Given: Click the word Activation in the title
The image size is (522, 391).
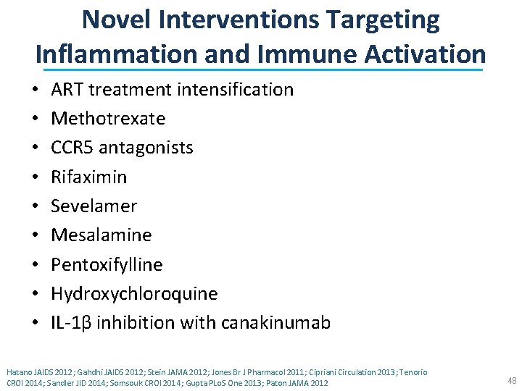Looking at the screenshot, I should pos(423,54).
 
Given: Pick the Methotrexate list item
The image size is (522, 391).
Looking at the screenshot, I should pos(108,119).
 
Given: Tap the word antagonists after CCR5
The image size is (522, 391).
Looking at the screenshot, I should pos(146,148).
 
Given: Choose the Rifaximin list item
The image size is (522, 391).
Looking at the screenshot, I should pos(88,177).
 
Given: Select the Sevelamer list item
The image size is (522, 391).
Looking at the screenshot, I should pos(94,206).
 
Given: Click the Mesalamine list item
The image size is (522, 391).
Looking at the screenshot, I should pos(101,235).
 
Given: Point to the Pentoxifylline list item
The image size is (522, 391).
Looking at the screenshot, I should pos(107,264).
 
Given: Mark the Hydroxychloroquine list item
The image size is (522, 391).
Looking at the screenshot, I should pos(134,293).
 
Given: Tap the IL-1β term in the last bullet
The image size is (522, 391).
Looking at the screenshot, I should pos(71,322).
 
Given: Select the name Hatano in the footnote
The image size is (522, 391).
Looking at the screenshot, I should pos(19,371).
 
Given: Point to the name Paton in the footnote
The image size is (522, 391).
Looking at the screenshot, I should pos(270,382).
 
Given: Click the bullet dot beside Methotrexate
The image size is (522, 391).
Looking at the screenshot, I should pos(36,119).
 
